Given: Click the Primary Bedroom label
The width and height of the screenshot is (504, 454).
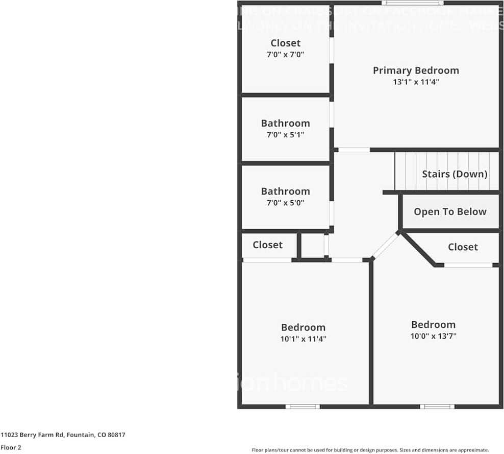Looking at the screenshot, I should tap(416, 70).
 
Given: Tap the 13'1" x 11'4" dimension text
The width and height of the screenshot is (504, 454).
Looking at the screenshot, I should tap(416, 82).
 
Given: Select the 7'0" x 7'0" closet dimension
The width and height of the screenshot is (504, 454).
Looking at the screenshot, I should tap(285, 55).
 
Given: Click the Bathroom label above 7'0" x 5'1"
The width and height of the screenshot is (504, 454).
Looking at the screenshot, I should tap(285, 123).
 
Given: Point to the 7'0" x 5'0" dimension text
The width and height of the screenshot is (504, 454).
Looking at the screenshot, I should tap(285, 203).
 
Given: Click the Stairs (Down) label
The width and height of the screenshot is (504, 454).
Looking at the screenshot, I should tap(455, 174).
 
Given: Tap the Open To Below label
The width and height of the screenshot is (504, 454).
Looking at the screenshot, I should tap(450, 212).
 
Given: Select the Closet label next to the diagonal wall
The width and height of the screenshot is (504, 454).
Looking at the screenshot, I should tap(463, 247).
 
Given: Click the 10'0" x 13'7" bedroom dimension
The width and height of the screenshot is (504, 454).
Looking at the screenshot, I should tap(433, 336).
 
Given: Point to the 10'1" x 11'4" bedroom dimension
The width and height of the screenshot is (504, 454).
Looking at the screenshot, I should tap(303, 339).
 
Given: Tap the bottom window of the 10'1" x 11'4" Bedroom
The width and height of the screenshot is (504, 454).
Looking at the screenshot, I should tap(303, 407).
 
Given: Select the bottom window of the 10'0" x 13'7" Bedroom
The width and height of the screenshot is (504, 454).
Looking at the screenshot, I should tap(437, 407).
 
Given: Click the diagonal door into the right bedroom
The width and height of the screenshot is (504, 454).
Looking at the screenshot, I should tap(386, 246).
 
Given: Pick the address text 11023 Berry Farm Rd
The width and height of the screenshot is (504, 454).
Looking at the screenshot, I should tap(63, 435).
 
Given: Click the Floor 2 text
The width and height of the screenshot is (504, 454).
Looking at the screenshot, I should tap(11, 448).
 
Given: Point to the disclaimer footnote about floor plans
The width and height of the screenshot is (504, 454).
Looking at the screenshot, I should tap(370, 450).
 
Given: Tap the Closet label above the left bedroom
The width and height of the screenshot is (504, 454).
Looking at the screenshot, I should tap(267, 245).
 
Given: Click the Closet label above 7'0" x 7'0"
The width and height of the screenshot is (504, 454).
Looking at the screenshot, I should tap(285, 43).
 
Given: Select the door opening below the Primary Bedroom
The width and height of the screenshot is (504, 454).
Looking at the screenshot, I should tap(354, 150).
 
